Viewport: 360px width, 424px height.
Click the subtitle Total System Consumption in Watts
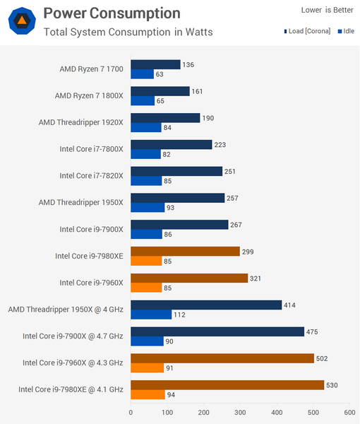point(128,32)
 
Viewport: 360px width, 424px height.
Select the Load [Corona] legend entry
point(309,32)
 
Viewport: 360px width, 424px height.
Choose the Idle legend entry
point(346,32)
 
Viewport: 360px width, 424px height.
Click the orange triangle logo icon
point(21,21)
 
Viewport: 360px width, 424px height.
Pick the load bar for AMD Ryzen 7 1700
point(155,64)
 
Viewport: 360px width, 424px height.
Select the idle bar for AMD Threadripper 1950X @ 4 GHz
point(151,314)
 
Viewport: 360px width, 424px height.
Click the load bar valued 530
point(227,385)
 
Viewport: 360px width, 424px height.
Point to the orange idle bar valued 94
point(148,395)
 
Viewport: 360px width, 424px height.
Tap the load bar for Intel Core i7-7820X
point(176,171)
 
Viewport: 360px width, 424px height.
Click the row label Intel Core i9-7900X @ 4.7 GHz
point(73,336)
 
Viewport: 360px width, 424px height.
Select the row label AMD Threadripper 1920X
point(80,122)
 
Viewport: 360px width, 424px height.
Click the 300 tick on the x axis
point(240,411)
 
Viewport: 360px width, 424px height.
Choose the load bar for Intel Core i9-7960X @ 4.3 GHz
point(222,358)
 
